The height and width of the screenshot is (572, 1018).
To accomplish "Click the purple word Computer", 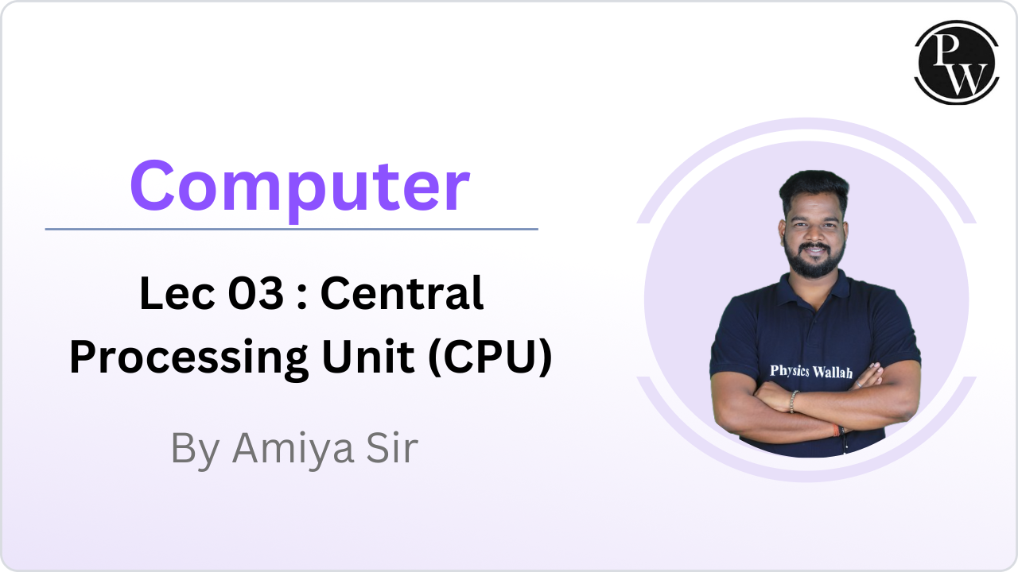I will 299,186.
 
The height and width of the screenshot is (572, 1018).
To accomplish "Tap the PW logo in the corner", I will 956,62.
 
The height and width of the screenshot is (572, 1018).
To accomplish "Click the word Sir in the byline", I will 390,449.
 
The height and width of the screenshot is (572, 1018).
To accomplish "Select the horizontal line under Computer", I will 291,229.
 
